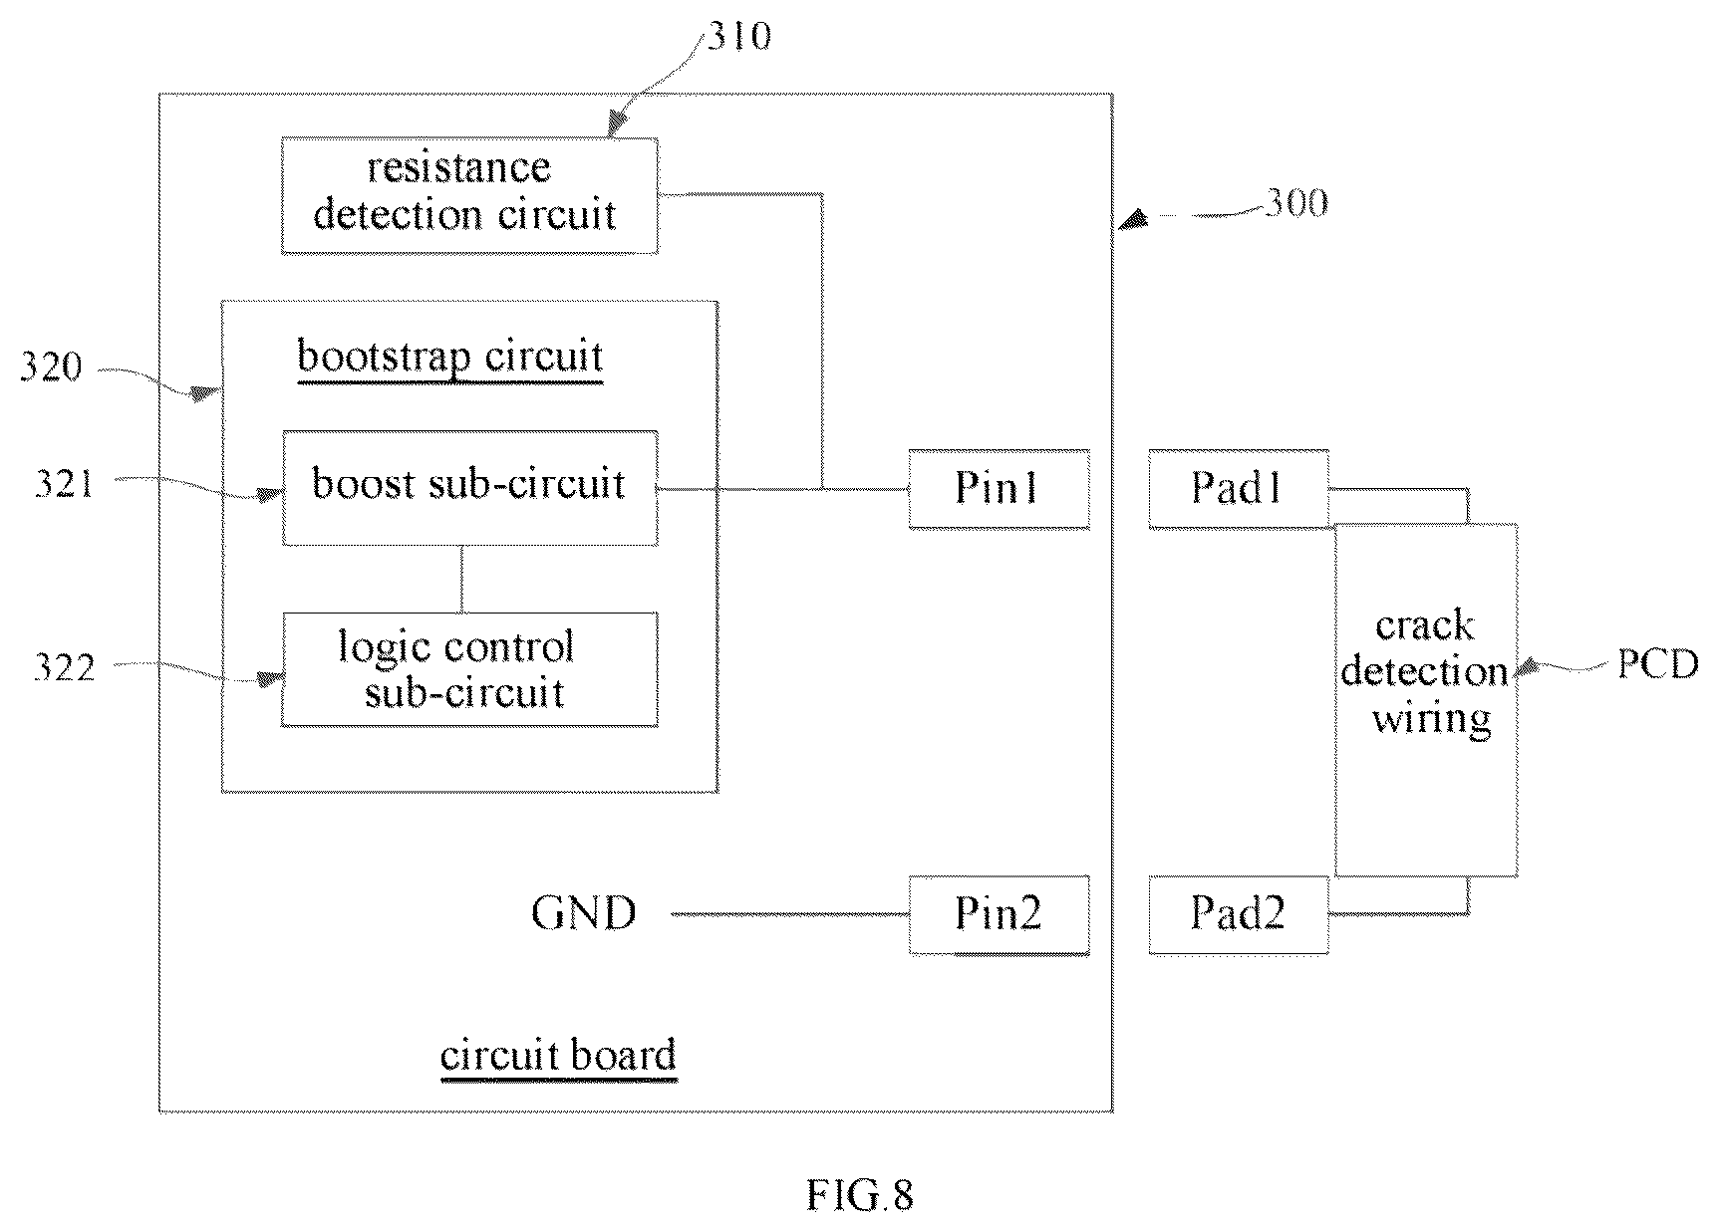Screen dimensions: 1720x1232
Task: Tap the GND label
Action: coord(584,913)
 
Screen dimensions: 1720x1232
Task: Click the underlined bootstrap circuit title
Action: coord(450,358)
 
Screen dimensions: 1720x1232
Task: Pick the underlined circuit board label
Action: coord(558,1056)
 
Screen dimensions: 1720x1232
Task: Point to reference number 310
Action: coord(739,36)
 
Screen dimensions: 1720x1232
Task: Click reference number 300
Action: coord(1296,203)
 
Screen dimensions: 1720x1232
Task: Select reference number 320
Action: coord(51,368)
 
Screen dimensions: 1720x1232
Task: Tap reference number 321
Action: coord(64,484)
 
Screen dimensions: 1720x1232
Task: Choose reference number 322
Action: coord(64,667)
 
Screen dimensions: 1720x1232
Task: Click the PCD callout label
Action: coord(1658,663)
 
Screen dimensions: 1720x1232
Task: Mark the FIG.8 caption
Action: coord(860,1195)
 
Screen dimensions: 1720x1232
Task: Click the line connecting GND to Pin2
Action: coord(789,913)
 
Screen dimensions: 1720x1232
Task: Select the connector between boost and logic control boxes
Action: coord(461,579)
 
